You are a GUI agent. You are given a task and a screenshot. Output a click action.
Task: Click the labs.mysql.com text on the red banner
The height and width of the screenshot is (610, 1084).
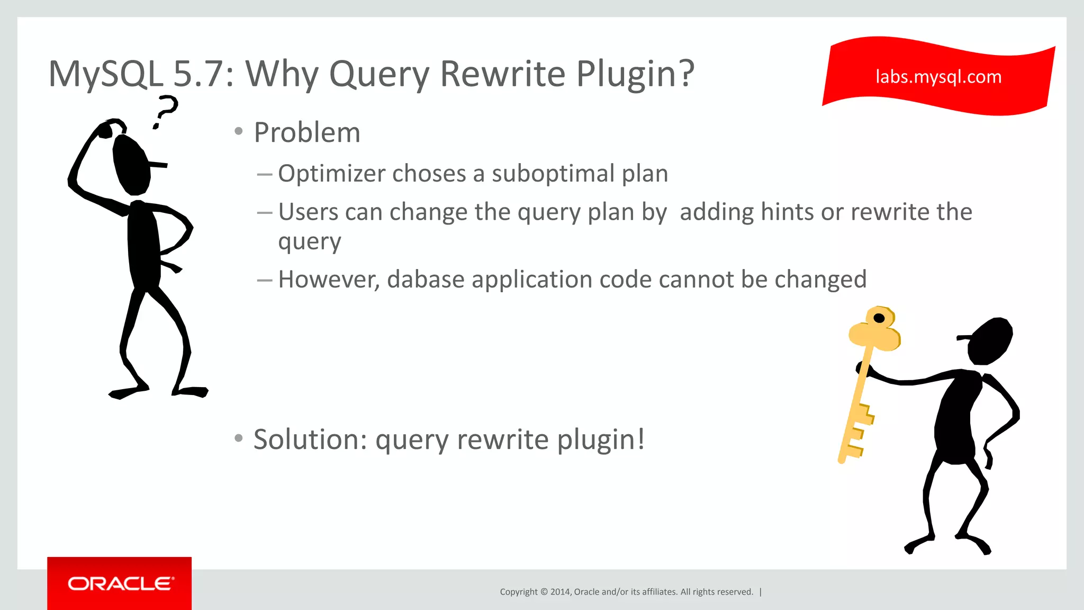coord(938,77)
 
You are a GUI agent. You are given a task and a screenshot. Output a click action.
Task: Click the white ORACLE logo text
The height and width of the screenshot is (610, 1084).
coord(121,584)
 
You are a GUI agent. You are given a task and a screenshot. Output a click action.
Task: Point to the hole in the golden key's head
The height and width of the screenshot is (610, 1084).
coord(879,318)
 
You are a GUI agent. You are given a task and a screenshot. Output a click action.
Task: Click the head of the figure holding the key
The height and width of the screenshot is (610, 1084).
coord(990,341)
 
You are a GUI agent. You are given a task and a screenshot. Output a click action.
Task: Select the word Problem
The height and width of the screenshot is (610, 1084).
coord(307,132)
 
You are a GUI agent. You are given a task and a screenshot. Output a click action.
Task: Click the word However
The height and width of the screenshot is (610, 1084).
coord(329,280)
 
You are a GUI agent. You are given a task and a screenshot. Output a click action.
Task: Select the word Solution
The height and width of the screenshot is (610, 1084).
coord(310,439)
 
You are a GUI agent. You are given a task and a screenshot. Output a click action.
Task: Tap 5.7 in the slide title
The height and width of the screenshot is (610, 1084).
coord(198,74)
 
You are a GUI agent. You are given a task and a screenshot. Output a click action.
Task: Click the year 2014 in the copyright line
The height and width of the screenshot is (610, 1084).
coord(559,592)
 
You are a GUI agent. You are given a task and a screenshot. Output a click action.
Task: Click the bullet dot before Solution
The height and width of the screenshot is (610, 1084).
coord(239,438)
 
